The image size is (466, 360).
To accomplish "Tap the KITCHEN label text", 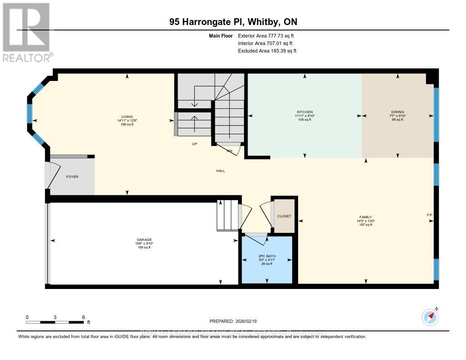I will [305, 112].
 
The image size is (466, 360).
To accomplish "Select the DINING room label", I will [397, 112].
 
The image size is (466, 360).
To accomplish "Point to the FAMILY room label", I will [365, 217].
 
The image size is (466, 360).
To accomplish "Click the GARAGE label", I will [144, 239].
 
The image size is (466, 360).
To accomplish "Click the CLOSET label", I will [284, 216].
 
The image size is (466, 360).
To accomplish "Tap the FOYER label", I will [72, 177].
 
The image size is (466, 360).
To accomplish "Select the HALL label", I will [221, 171].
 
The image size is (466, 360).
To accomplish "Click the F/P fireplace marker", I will [429, 214].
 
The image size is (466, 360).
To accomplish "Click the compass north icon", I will [430, 316].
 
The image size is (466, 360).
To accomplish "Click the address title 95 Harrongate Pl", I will [233, 22].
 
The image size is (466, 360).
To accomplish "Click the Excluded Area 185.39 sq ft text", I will [267, 51].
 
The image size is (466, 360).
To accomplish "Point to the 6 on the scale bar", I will [83, 317].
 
